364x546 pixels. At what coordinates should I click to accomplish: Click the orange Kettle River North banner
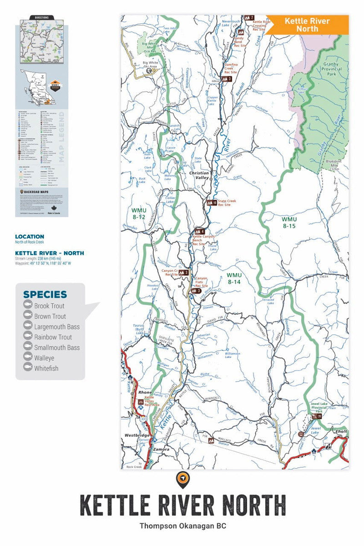pos(307,25)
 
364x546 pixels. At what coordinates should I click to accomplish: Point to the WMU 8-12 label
pos(137,214)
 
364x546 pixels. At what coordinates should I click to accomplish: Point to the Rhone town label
pos(145,392)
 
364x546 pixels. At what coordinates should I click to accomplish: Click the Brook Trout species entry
pos(49,306)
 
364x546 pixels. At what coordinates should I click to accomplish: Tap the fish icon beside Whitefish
pos(28,369)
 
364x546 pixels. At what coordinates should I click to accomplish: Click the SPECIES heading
pos(45,294)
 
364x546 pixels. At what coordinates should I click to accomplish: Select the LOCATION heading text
pos(30,237)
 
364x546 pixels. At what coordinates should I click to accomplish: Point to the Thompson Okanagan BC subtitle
pos(182,526)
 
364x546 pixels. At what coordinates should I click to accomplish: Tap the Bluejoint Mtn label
pos(334,164)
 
